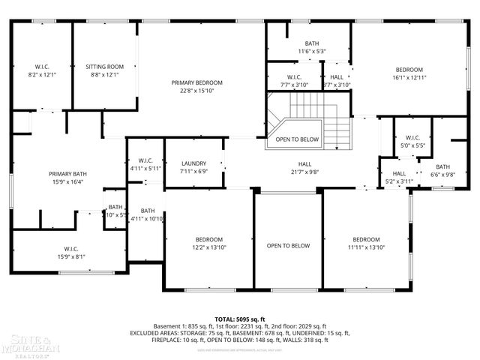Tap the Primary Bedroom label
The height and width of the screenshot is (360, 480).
[x=196, y=82]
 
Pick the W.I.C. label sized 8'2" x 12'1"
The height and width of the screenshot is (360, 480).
[x=42, y=66]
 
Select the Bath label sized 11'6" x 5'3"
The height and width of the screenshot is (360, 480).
[x=311, y=43]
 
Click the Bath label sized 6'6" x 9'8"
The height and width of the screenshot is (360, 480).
[x=442, y=166]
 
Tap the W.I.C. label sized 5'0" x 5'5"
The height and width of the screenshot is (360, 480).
[x=412, y=137]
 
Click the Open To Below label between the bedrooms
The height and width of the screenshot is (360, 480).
[x=288, y=245]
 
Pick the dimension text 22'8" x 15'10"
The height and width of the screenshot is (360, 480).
[x=196, y=91]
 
